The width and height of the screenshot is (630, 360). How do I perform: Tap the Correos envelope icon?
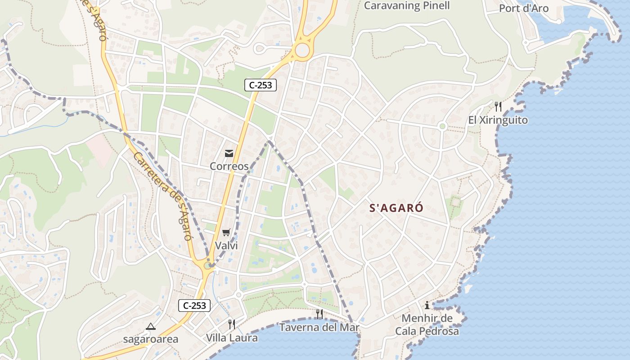(229, 154)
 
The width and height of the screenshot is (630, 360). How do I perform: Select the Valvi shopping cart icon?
(226, 233)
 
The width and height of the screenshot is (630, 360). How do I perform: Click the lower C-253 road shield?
(194, 306)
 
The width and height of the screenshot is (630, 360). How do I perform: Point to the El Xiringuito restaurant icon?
(498, 107)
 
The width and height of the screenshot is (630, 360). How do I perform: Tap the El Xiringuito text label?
(498, 120)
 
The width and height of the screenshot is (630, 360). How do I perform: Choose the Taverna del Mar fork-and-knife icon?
(319, 314)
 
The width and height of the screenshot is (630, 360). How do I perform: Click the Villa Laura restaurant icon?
(231, 324)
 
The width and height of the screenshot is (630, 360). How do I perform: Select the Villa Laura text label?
(232, 337)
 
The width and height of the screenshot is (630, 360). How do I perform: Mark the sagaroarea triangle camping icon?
(150, 326)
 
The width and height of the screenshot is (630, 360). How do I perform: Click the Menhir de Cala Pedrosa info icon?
(427, 306)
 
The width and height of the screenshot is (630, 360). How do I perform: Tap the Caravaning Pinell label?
(406, 6)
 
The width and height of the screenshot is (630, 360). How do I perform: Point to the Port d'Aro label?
(524, 9)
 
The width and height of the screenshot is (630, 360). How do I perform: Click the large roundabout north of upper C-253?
(302, 50)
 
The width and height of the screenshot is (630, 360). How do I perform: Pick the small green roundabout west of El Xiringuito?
(442, 126)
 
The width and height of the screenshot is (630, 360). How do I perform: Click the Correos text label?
(229, 166)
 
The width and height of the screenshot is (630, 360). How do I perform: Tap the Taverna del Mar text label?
(319, 327)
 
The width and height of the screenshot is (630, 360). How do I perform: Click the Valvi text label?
(226, 246)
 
